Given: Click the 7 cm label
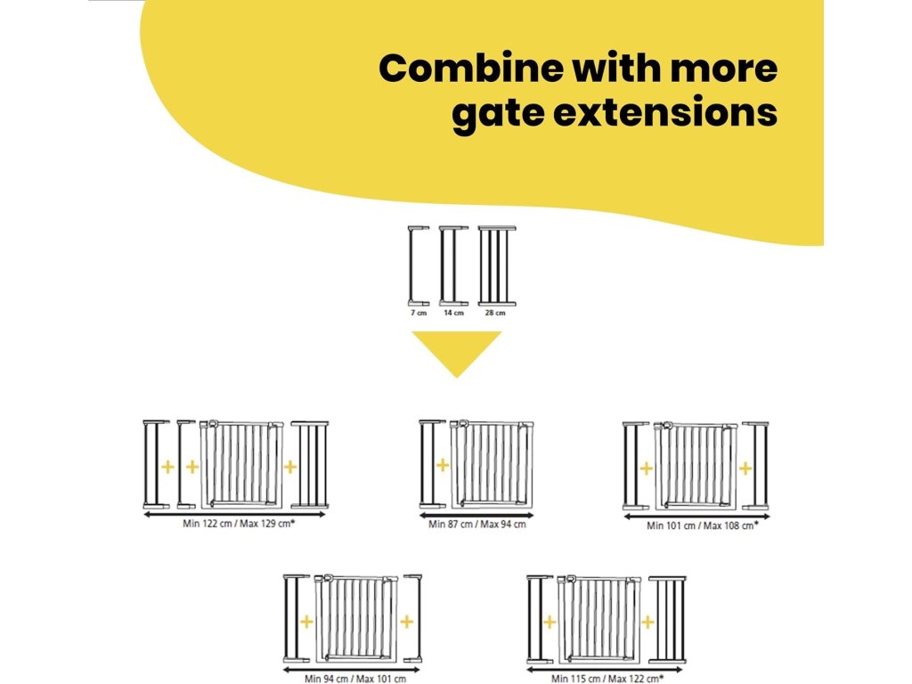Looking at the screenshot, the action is (x=419, y=313).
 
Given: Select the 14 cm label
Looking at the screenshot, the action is (x=453, y=313).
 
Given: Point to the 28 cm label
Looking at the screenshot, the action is (x=495, y=313).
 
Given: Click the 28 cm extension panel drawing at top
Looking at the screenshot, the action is (x=497, y=266).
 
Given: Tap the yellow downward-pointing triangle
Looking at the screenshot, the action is (x=456, y=352).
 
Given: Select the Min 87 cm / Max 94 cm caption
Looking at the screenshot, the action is (x=476, y=524).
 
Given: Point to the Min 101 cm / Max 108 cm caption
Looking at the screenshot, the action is (x=703, y=525).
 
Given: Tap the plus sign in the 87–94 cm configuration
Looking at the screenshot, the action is (x=442, y=464).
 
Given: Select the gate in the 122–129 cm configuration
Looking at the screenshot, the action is (x=240, y=464).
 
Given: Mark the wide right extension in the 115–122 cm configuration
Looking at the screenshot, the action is (x=667, y=619).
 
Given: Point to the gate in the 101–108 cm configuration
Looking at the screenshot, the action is (x=696, y=464).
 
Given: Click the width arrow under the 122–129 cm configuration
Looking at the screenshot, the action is (x=235, y=514).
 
